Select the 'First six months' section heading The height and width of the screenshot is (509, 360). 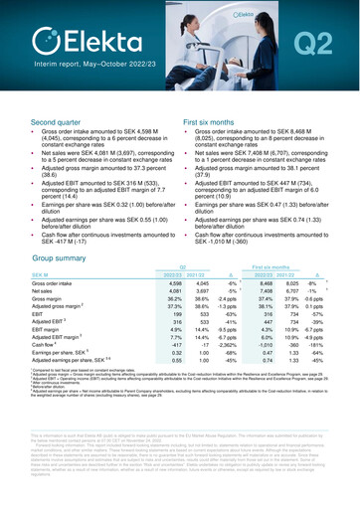click(213, 120)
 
